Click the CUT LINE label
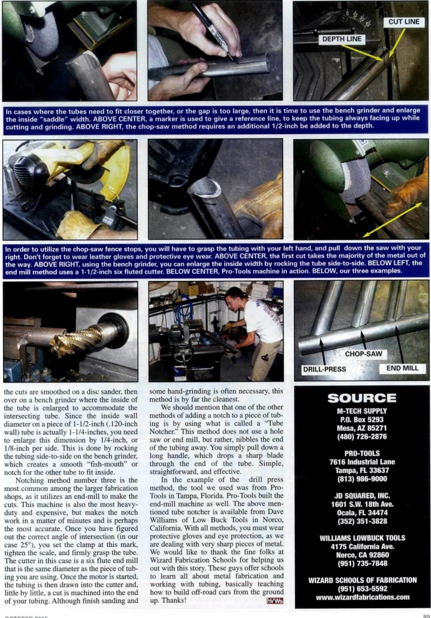(x=404, y=23)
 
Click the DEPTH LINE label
(x=342, y=39)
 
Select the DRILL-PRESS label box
(x=324, y=369)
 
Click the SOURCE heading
(x=362, y=398)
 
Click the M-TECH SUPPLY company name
(x=362, y=411)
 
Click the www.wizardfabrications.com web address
(x=362, y=597)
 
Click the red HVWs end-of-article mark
(x=274, y=601)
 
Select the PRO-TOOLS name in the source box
(x=362, y=453)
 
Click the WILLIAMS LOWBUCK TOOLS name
(x=362, y=538)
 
